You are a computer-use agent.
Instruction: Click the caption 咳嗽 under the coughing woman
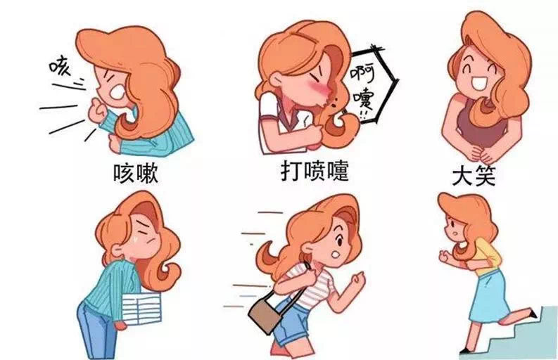pos(136,173)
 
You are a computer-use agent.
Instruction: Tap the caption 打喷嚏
pos(315,171)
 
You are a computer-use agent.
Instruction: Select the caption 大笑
pos(474,176)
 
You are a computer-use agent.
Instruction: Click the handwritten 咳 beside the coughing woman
pos(60,66)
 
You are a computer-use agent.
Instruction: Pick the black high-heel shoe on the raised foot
pos(532,313)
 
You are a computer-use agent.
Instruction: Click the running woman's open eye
pos(339,242)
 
